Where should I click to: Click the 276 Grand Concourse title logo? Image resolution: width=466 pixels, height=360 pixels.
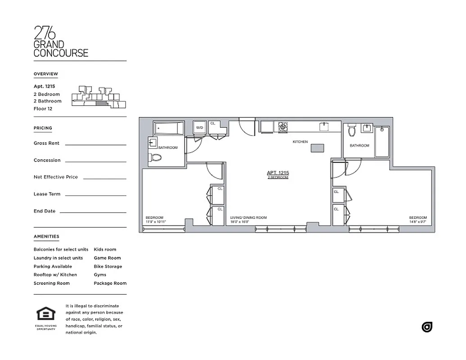point(61,42)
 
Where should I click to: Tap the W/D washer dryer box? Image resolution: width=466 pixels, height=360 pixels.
point(199,128)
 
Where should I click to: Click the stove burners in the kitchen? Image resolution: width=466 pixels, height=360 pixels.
point(283,127)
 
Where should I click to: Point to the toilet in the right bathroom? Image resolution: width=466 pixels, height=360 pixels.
point(352,130)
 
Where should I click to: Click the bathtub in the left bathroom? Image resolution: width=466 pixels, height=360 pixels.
point(169,129)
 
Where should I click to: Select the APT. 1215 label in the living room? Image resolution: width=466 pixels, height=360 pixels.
point(278,173)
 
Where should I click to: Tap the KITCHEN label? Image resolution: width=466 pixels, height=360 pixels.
point(300,142)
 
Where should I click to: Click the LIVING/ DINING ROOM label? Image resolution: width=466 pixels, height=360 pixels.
point(249,218)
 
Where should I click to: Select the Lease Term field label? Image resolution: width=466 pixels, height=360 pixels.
point(47,194)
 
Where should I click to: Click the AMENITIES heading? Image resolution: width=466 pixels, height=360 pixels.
point(46,236)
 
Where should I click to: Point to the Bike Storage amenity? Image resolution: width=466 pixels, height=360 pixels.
point(108,266)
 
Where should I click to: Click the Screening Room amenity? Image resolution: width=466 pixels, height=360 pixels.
point(51,283)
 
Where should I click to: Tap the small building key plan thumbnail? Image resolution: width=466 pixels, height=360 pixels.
point(99,97)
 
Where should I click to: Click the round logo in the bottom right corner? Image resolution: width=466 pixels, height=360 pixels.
point(427,327)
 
